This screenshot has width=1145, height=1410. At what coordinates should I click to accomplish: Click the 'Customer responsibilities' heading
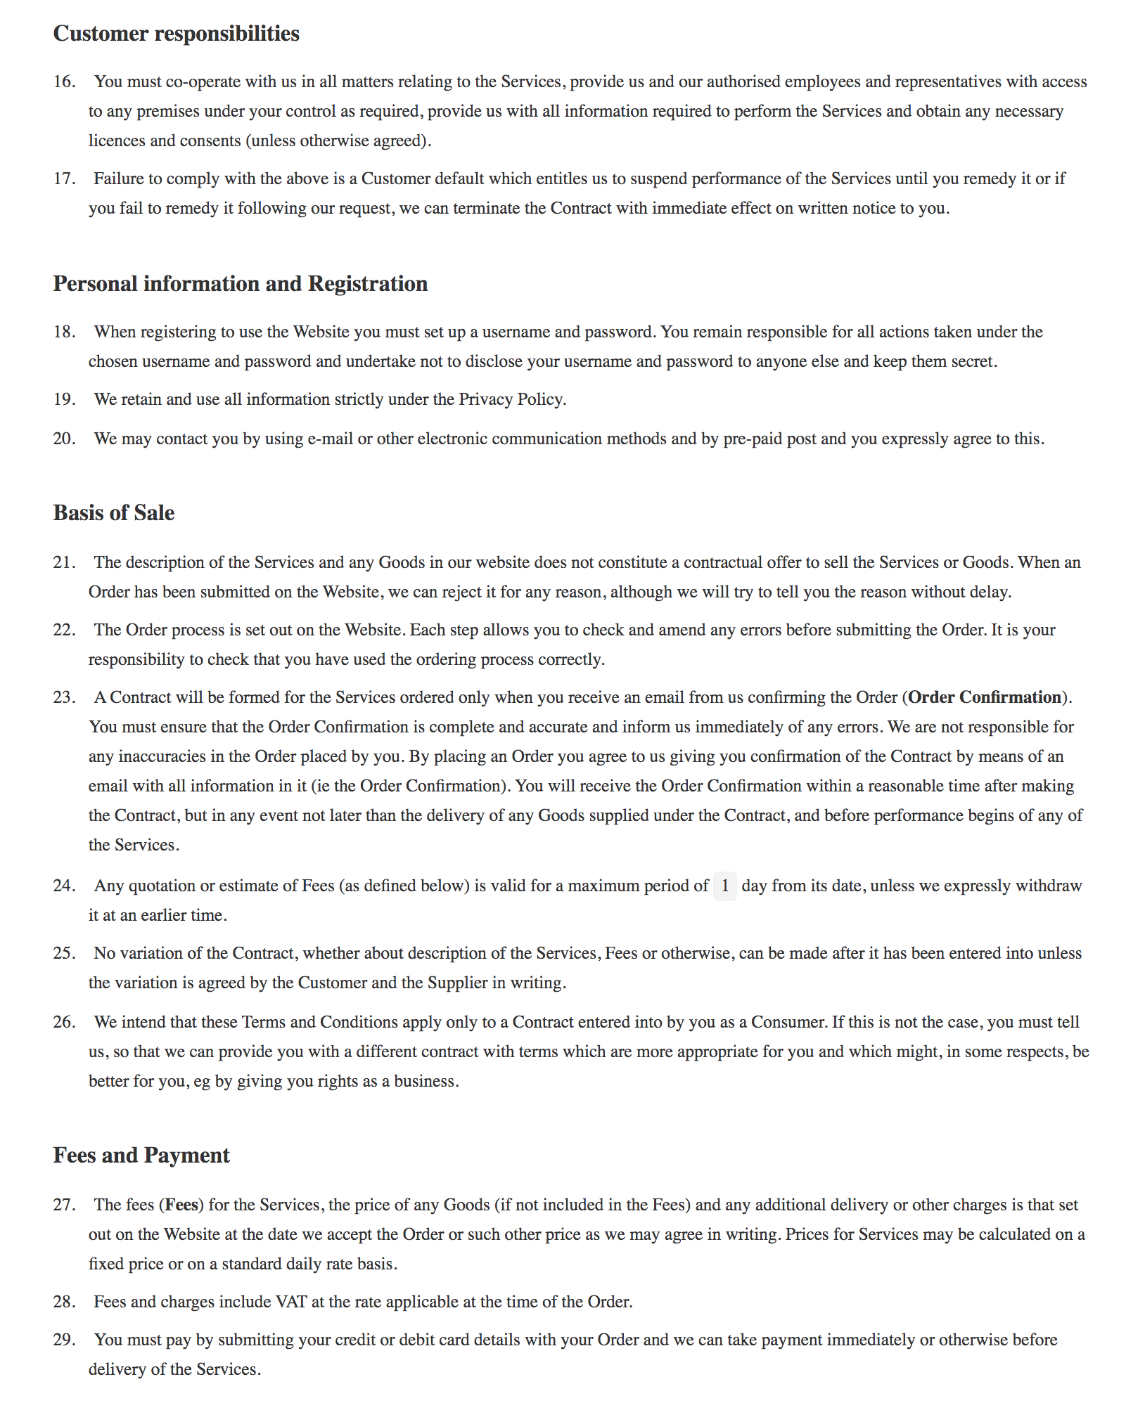[x=176, y=34]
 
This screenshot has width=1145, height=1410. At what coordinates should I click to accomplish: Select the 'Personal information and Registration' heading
[x=241, y=284]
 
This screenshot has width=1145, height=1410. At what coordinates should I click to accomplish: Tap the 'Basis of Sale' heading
[x=114, y=513]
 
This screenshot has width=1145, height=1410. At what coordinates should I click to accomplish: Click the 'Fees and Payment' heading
[x=141, y=1156]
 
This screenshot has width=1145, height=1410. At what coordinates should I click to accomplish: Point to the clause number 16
[x=64, y=82]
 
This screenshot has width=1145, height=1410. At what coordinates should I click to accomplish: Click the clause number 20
[x=64, y=439]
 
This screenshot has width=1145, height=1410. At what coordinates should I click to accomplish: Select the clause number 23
[x=64, y=698]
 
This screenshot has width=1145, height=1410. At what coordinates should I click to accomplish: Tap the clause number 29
[x=64, y=1340]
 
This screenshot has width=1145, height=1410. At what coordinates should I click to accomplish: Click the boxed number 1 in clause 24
[x=724, y=886]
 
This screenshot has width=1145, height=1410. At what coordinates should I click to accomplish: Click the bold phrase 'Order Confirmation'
[x=985, y=698]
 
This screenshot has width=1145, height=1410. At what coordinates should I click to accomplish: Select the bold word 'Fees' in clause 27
[x=181, y=1205]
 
